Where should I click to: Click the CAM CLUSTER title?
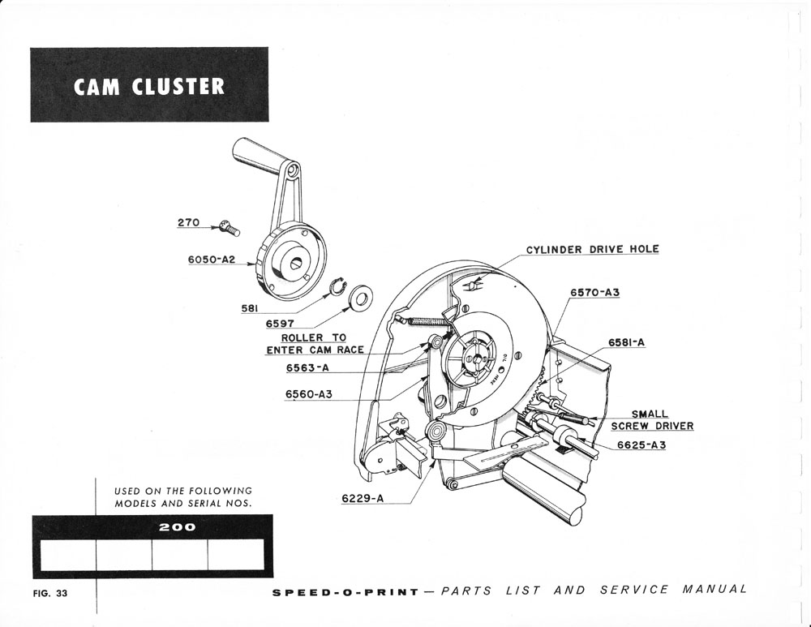[x=149, y=86]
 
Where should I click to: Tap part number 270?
[x=188, y=221]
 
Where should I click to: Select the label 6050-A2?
[x=211, y=260]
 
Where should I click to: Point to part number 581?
[x=250, y=308]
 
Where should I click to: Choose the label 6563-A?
[x=307, y=367]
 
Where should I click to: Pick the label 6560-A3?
[x=308, y=394]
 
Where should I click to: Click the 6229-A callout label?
[x=363, y=499]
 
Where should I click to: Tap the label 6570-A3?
[x=594, y=292]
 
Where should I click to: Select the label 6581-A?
[x=626, y=342]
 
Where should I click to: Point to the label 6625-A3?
[x=641, y=445]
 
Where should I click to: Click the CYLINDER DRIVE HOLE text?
[x=592, y=249]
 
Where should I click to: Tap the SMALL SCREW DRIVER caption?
[x=651, y=420]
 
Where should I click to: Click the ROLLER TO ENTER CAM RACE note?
[x=314, y=344]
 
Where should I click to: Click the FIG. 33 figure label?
[x=50, y=593]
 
